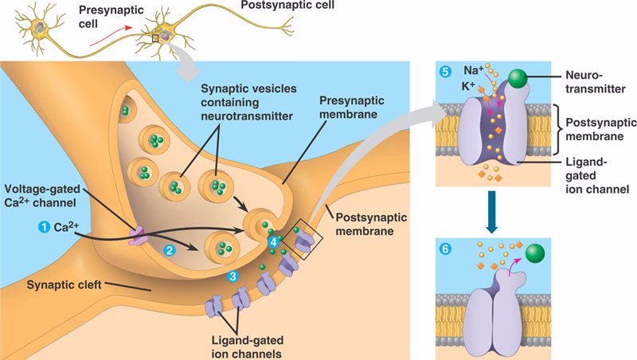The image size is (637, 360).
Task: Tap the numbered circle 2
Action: click(x=168, y=249)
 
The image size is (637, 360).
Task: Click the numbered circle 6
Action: click(x=445, y=248)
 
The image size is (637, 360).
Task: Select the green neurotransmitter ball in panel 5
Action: click(x=518, y=78)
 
